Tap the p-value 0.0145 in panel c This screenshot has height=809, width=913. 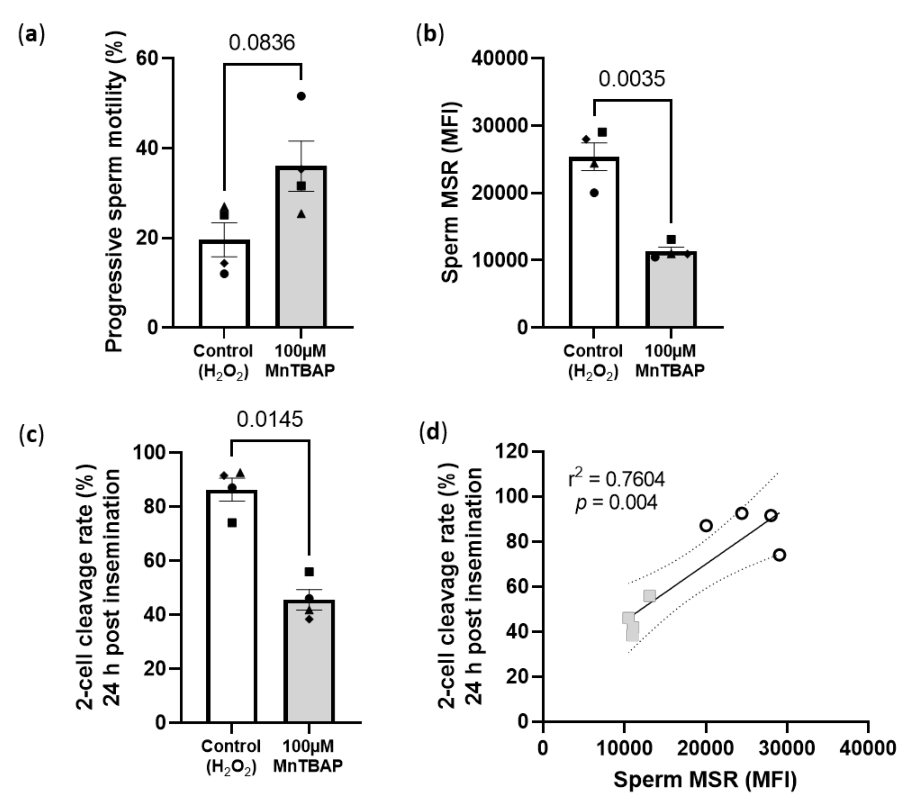point(270,419)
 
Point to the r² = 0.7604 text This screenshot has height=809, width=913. point(616,479)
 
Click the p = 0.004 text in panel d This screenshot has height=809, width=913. point(616,503)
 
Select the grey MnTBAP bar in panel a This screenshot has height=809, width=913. point(301,250)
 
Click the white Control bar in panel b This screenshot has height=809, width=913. point(594,246)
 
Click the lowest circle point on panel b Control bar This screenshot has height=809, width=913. point(594,193)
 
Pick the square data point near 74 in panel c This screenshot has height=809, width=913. point(232,523)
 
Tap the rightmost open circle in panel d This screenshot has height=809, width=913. point(780,555)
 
